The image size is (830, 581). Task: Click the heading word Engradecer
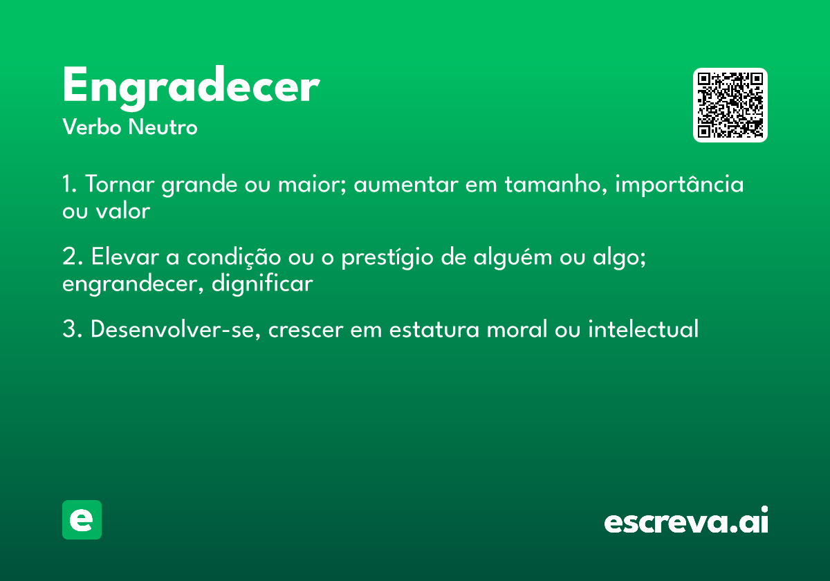[x=190, y=87]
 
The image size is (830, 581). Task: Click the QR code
[x=730, y=105]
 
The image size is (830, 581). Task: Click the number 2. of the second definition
[x=71, y=258]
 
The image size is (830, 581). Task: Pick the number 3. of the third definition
[x=71, y=330]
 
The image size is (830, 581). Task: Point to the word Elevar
[x=124, y=258]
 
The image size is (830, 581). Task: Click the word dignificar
[x=263, y=284]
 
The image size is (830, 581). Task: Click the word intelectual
[x=643, y=330]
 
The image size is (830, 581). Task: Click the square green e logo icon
[x=82, y=520]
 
